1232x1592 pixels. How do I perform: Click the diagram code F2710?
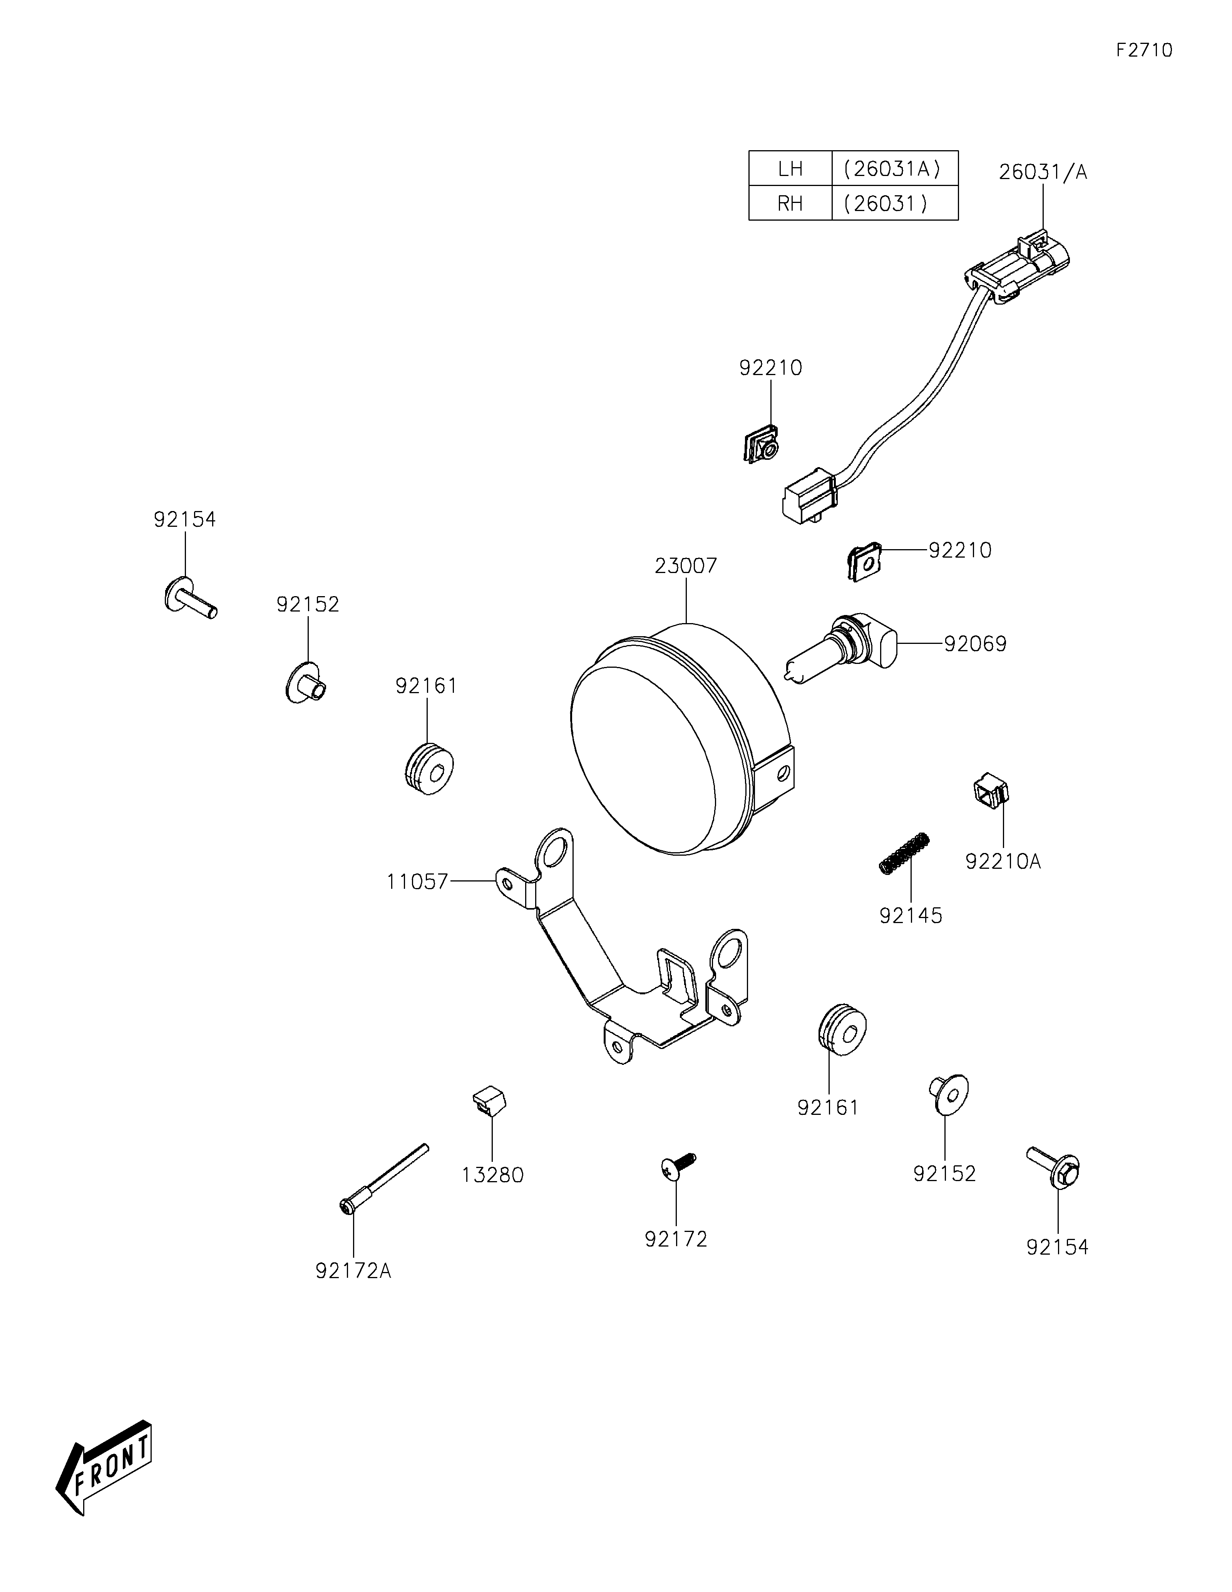pyautogui.click(x=1144, y=50)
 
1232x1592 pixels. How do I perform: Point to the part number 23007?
pyautogui.click(x=686, y=566)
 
